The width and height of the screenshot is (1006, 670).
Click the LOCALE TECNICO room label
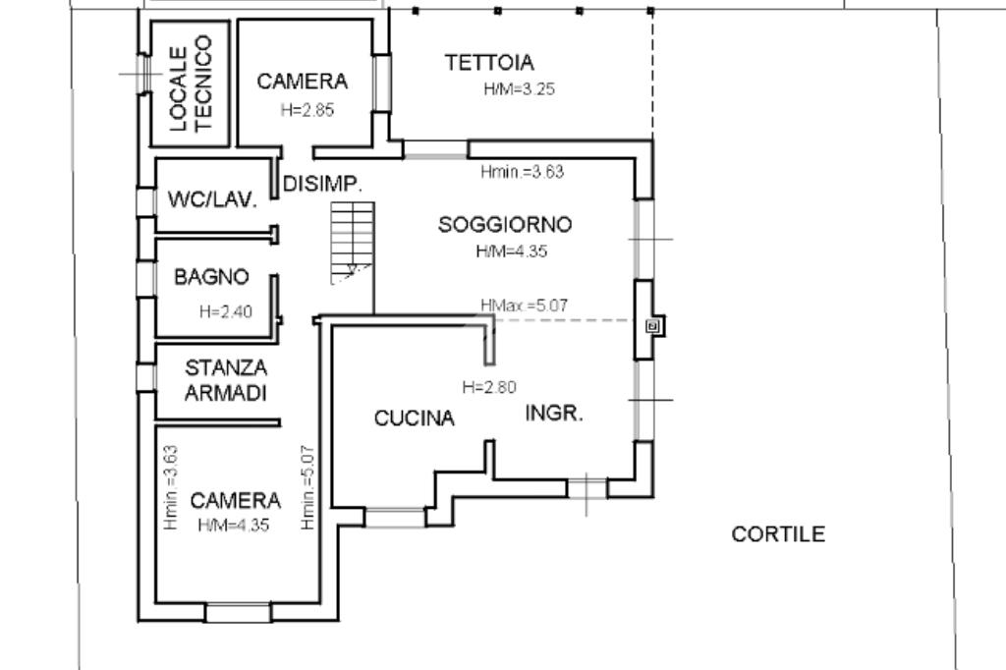[x=192, y=84]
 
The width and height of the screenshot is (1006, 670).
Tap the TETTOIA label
[x=489, y=63]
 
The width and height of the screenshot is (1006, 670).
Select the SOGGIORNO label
[x=505, y=224]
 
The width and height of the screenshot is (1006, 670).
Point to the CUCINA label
[x=415, y=419]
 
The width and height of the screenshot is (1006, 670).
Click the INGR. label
[x=555, y=413]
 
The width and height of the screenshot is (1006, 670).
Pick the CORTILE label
[x=779, y=534]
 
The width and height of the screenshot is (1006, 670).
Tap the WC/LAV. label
[x=213, y=200]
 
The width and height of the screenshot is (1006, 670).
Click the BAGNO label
[x=211, y=277]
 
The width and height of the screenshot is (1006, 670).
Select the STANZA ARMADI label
[x=226, y=380]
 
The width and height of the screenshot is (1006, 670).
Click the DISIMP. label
[x=323, y=184]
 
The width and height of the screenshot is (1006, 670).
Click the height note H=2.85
[x=307, y=111]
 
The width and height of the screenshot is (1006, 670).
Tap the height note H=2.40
[x=226, y=312]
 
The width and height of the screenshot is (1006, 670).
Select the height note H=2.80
[x=488, y=386]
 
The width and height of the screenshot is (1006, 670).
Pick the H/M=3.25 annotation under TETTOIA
[x=520, y=89]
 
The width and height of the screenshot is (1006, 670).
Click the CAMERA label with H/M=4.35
[x=235, y=501]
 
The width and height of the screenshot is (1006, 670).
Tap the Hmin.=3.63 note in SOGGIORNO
[x=522, y=172]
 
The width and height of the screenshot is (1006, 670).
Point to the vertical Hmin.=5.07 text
[x=307, y=488]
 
